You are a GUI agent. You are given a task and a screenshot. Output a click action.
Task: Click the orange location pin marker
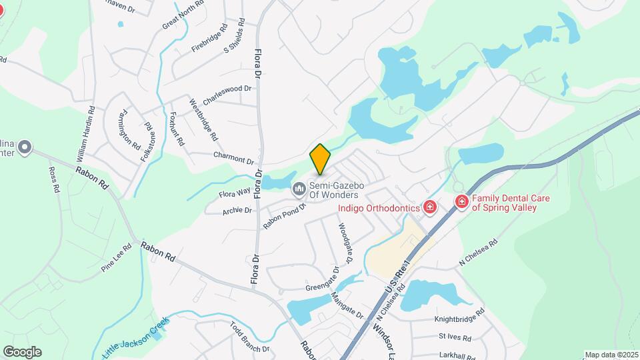point(320,159)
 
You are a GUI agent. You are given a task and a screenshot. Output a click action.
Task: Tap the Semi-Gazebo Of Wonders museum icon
point(298,190)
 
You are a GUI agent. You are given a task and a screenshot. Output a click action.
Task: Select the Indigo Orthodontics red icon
point(430,208)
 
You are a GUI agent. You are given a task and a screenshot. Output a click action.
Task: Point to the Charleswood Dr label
point(229,94)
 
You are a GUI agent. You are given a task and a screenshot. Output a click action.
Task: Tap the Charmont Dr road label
point(233,158)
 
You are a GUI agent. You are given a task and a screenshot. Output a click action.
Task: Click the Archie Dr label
point(238,211)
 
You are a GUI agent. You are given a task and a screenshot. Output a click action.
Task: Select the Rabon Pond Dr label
point(283,216)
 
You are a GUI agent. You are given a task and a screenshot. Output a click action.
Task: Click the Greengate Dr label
point(323,284)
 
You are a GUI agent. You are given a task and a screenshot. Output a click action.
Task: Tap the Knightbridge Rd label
point(459,319)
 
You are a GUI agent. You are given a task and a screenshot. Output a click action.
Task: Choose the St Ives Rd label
point(455,338)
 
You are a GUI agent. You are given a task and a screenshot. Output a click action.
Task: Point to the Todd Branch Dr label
point(249,337)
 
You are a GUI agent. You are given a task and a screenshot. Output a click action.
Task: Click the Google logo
point(22,352)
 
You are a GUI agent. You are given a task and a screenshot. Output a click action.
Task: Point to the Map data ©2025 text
point(611,355)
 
